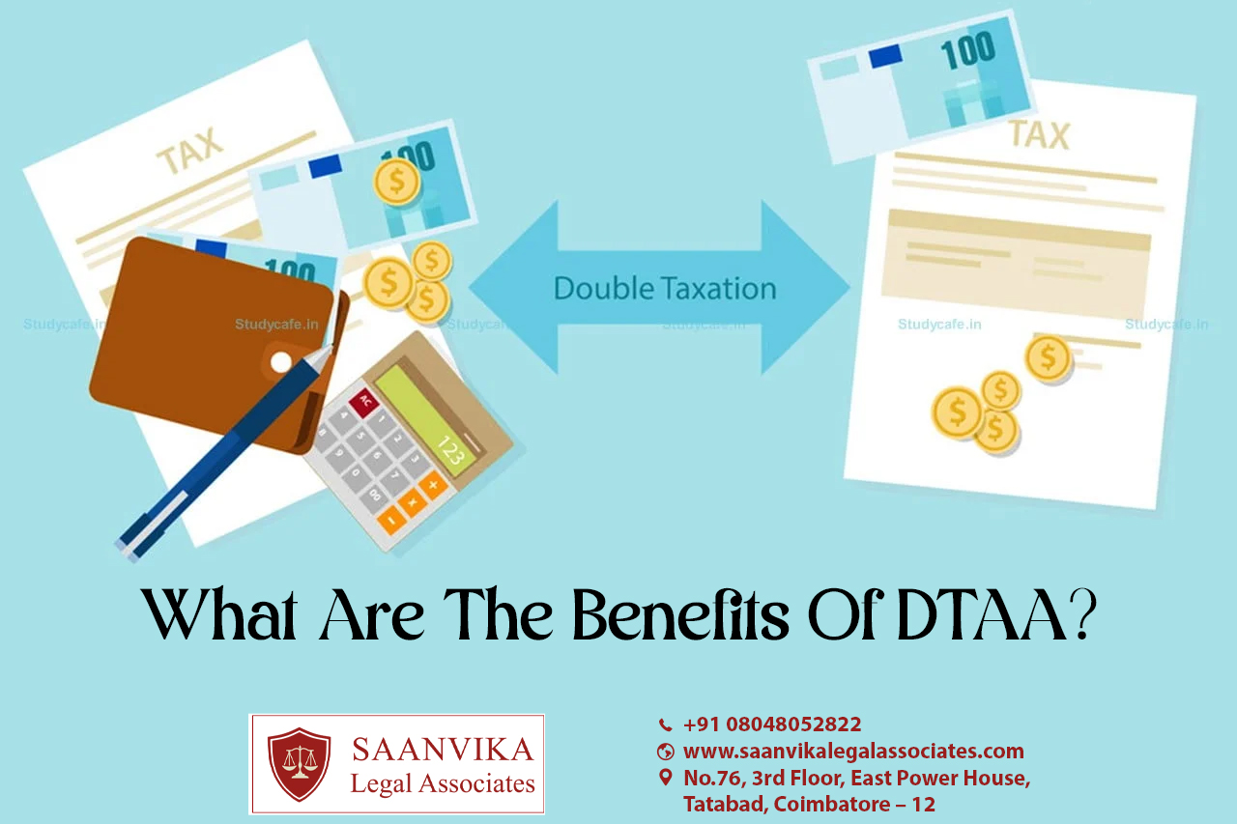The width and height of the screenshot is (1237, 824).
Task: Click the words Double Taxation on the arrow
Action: [665, 288]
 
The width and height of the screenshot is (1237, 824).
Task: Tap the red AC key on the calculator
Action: [364, 402]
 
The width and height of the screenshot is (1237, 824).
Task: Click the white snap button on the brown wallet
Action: [281, 362]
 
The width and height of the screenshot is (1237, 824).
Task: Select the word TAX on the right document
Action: [1040, 135]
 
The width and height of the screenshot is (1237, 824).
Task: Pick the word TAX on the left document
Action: [190, 150]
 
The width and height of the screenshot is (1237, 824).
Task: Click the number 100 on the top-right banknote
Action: [967, 50]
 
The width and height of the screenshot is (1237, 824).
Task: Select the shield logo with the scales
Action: [300, 764]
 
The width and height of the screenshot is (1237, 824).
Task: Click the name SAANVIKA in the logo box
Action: [443, 750]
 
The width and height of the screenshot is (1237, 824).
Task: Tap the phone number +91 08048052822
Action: [772, 725]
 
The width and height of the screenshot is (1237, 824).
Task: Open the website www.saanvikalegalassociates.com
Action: [853, 752]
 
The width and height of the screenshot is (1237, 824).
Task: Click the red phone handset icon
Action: [666, 725]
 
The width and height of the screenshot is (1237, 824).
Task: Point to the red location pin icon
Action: [666, 778]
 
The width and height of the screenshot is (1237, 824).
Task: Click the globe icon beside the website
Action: [666, 752]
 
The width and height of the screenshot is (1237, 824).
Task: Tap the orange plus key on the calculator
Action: [433, 486]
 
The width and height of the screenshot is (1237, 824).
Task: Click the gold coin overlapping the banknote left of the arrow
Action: [396, 181]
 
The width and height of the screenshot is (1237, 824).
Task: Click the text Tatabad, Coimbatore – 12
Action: [810, 804]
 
